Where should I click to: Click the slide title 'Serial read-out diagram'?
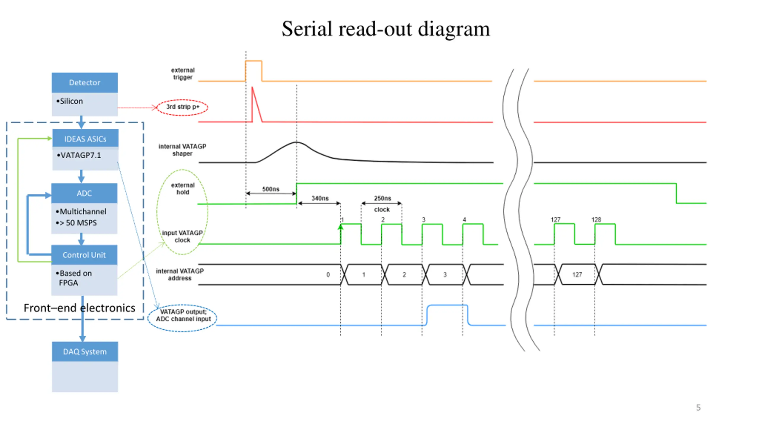pos(385,29)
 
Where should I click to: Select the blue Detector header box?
pos(84,82)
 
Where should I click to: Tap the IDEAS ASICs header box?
pos(85,138)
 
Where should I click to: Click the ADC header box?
pos(84,193)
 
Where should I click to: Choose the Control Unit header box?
pos(84,255)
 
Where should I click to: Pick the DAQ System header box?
pos(85,352)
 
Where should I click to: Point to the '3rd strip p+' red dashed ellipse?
pos(182,107)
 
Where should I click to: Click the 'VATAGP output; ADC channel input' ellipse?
pos(183,318)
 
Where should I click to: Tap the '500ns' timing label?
pos(270,189)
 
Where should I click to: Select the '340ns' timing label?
pos(320,198)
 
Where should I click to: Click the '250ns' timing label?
pos(382,198)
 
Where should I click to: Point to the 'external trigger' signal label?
pos(183,74)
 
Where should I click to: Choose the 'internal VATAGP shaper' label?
pos(182,150)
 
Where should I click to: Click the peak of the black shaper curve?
pos(296,143)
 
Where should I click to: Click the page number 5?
pos(698,407)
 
